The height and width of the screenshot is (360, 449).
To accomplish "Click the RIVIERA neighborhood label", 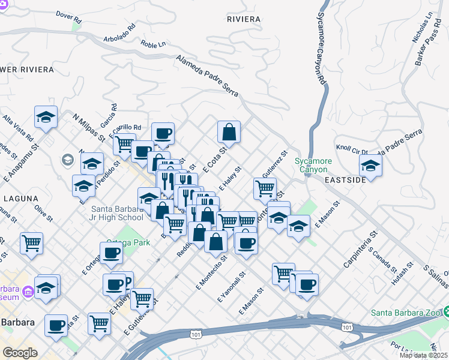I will point(244,19).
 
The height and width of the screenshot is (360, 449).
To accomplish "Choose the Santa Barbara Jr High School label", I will point(117,213).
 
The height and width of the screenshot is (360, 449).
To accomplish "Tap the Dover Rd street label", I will point(68,16).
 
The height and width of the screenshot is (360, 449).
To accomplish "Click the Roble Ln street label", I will point(152,44).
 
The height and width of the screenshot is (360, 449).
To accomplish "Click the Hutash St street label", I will point(402,273).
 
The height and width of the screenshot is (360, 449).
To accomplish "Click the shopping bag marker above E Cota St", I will point(229,131).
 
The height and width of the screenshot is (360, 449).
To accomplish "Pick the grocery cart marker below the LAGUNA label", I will point(31,243).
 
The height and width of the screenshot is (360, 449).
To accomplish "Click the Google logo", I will point(19,353).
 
